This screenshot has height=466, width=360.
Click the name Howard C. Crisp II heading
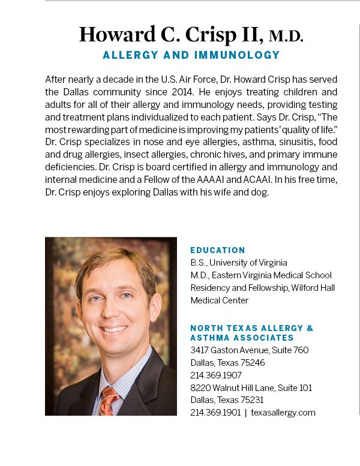[x=170, y=35]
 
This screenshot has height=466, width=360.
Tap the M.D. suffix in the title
[x=286, y=36]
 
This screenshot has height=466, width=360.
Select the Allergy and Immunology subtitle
[x=191, y=55]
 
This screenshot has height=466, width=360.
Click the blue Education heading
[x=218, y=250]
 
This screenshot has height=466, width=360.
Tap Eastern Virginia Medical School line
[x=261, y=275]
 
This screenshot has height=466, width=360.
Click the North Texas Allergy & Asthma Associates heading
[x=251, y=333]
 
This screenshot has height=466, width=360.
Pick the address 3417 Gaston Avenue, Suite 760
[x=249, y=350]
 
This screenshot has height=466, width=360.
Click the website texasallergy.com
[x=283, y=413]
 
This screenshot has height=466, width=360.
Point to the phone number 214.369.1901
[x=215, y=413]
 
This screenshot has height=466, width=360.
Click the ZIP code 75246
[x=252, y=362]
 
